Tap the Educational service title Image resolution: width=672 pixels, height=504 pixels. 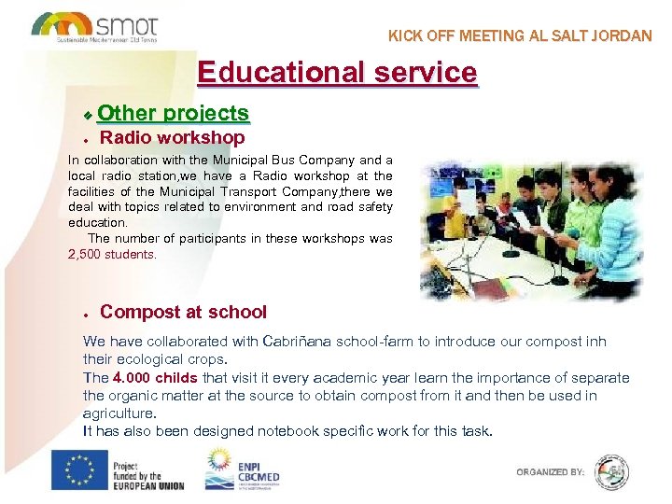[x=337, y=72]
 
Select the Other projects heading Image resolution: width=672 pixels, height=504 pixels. [x=173, y=114]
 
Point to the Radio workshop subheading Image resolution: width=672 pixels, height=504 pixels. [x=172, y=138]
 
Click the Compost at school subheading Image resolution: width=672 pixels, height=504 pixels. [x=183, y=313]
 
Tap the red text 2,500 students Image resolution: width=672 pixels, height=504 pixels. [x=113, y=254]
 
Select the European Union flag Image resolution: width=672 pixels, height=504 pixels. [x=78, y=469]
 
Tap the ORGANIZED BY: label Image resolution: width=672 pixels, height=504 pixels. [x=550, y=472]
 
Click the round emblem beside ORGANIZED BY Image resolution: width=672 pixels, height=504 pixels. [x=611, y=471]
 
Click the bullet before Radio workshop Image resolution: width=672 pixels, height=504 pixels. [x=84, y=140]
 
